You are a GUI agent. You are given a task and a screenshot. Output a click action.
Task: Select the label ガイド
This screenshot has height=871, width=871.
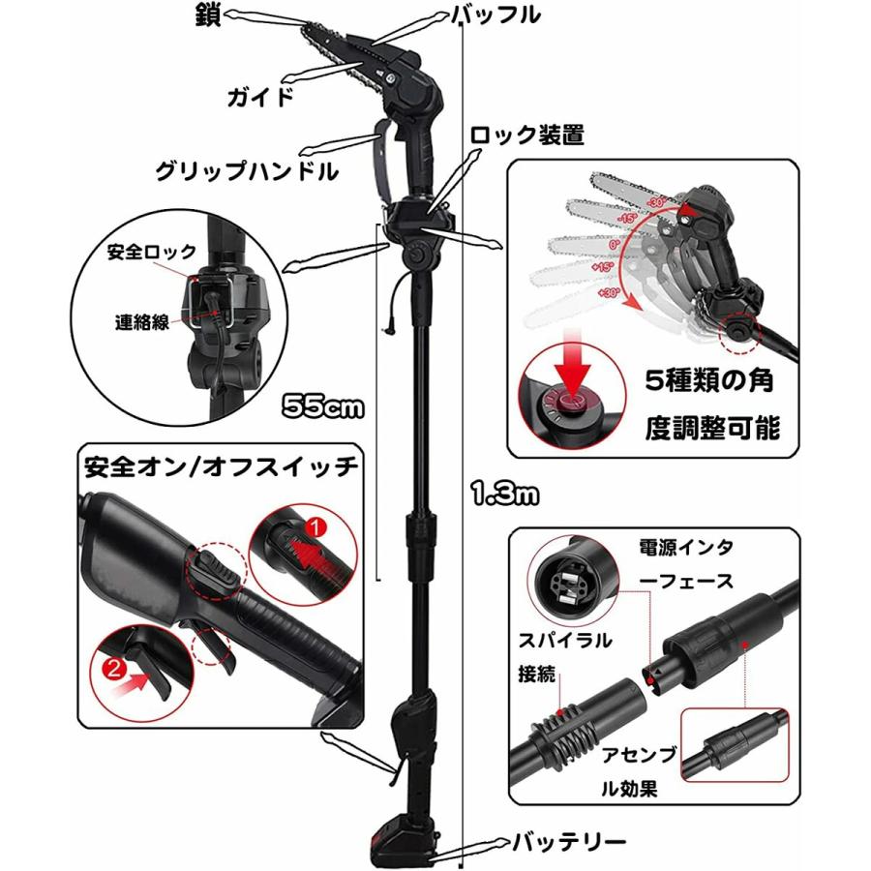pyautogui.click(x=259, y=96)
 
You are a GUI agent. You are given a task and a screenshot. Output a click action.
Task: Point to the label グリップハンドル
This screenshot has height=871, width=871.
pyautogui.click(x=248, y=171)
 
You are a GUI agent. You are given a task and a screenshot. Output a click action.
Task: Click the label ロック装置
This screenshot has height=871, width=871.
pyautogui.click(x=526, y=135)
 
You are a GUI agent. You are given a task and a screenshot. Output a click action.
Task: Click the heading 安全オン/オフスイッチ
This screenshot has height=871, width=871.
pyautogui.click(x=221, y=466)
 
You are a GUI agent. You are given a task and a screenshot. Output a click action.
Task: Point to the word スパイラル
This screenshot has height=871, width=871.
pyautogui.click(x=558, y=640)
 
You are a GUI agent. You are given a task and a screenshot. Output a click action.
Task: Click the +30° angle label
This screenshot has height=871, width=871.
pyautogui.click(x=608, y=292)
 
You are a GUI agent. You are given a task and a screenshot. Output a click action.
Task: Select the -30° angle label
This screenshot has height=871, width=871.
pyautogui.click(x=659, y=203)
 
